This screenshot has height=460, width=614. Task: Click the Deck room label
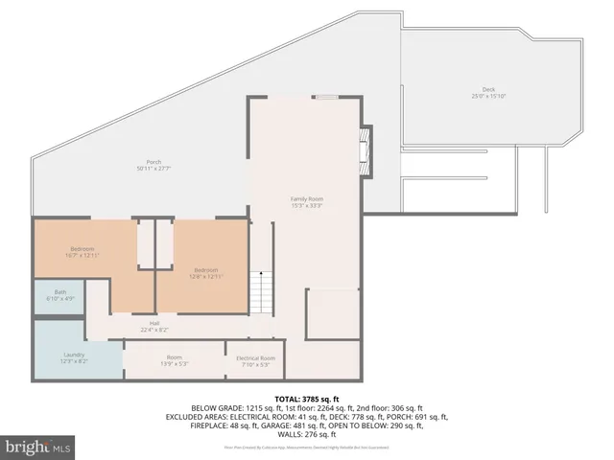click(x=488, y=89)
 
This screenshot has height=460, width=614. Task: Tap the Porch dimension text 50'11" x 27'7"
click(x=153, y=168)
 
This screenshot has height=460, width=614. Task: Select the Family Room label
click(x=307, y=198)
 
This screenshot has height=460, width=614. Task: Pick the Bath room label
click(x=60, y=291)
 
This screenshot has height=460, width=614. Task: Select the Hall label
click(x=153, y=323)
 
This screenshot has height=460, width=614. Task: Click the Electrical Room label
click(x=254, y=357)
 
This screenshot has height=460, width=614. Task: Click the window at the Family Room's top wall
click(x=326, y=96)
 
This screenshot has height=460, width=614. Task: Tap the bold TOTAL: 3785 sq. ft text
click(x=307, y=398)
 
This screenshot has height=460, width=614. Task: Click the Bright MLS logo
click(x=38, y=447)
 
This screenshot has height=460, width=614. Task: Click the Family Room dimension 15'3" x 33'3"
click(x=307, y=205)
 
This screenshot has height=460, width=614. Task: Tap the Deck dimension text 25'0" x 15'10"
click(x=488, y=96)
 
